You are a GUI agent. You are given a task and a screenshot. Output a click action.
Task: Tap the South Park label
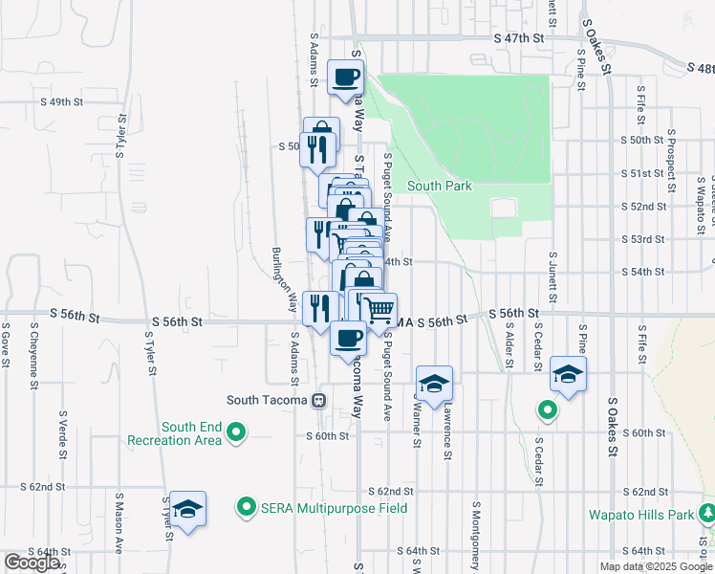pyautogui.click(x=440, y=187)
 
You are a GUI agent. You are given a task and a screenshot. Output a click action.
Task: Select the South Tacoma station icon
pyautogui.click(x=320, y=401)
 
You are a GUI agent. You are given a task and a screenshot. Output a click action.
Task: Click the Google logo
pyautogui.click(x=32, y=563)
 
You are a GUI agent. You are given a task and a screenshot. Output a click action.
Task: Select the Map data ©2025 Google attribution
pyautogui.click(x=655, y=566)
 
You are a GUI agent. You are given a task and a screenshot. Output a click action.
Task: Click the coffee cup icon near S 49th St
pyautogui.click(x=345, y=77)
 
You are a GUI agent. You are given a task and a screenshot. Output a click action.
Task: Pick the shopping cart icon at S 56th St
pyautogui.click(x=379, y=309)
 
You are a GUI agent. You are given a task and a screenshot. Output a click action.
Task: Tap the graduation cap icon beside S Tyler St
pyautogui.click(x=188, y=510)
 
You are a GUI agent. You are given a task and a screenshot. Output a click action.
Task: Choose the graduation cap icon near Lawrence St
pyautogui.click(x=434, y=384)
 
